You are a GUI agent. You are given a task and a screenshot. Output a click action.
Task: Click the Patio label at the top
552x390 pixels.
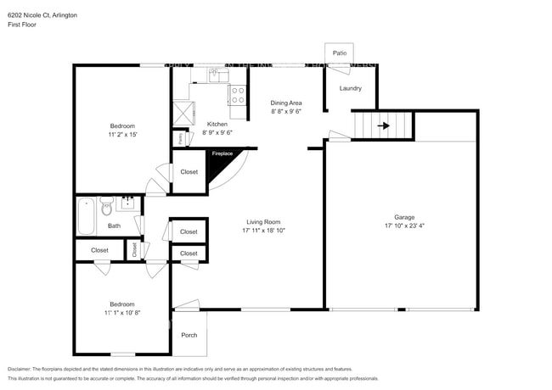pyautogui.click(x=339, y=53)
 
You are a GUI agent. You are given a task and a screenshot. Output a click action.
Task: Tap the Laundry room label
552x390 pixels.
pyautogui.click(x=351, y=88)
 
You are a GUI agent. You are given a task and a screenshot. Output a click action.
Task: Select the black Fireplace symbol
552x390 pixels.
pyautogui.click(x=222, y=166)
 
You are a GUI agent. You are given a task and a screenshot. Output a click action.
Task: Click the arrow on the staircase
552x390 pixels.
pyautogui.click(x=383, y=126)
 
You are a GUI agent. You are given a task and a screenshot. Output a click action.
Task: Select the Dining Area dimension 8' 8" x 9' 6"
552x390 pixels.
pyautogui.click(x=286, y=112)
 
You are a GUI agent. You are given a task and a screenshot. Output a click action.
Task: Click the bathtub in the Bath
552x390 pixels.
pyautogui.click(x=86, y=217)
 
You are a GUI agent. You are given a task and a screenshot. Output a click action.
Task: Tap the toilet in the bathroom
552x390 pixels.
pyautogui.click(x=107, y=207)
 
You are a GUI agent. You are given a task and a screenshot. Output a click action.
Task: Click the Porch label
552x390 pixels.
pyautogui.click(x=189, y=335)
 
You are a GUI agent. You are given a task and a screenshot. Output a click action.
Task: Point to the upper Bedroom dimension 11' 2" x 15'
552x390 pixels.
pyautogui.click(x=122, y=134)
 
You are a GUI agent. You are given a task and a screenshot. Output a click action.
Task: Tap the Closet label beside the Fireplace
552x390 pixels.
pyautogui.click(x=189, y=172)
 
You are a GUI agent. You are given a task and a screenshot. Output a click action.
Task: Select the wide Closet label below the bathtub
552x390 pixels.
pyautogui.click(x=99, y=250)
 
